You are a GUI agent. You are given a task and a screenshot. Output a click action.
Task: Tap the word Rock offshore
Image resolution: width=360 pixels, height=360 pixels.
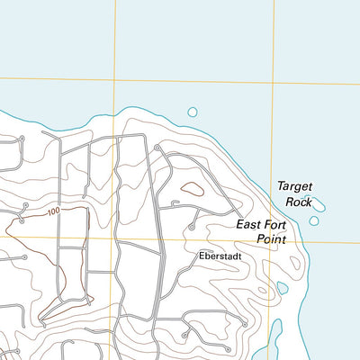tap(297, 202)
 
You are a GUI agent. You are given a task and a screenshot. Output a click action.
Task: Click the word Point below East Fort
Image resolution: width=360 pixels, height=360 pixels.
tap(270, 239)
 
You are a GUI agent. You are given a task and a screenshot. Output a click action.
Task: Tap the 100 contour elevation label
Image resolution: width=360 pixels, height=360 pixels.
tap(53, 211)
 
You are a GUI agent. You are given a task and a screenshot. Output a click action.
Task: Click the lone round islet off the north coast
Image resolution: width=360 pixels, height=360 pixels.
tap(192, 112)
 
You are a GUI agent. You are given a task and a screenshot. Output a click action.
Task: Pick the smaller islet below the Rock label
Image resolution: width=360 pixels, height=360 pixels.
tap(314, 220)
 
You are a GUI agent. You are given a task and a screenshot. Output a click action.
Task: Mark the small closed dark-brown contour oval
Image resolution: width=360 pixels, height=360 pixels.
tap(191, 189)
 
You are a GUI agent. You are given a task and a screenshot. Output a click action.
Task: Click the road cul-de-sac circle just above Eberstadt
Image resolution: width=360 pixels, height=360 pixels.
tap(190, 228)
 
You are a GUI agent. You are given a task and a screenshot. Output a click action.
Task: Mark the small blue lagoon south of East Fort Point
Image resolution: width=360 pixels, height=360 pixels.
tap(283, 288)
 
